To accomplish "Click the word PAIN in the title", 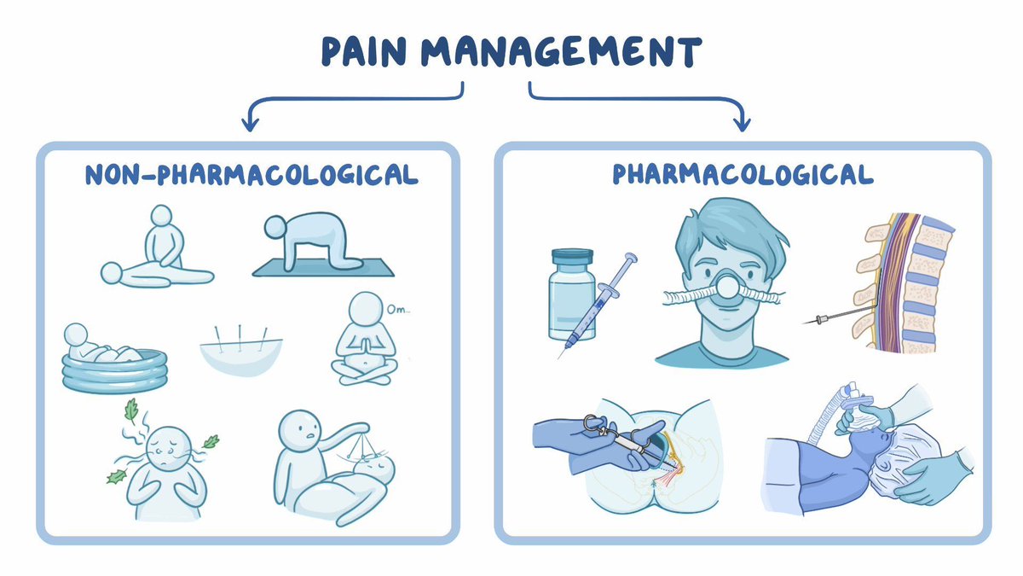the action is (364, 52).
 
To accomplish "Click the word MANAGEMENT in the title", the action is (562, 52).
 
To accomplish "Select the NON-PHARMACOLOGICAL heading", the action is (251, 175).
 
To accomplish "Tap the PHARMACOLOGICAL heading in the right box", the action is (743, 174).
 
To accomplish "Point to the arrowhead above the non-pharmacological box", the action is (250, 122).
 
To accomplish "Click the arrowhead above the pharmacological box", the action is (742, 122).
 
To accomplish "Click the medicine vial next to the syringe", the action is (572, 295).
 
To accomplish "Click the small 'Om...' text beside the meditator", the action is (398, 310).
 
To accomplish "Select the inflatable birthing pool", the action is (114, 371).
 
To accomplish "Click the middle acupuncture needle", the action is (240, 337).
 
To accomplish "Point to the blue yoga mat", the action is (323, 268).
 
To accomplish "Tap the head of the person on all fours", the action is (275, 227).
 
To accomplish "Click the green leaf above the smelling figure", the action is (131, 410).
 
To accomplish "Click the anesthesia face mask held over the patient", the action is (862, 413).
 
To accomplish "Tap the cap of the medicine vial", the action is (572, 257).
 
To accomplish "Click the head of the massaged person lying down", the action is (112, 273).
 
